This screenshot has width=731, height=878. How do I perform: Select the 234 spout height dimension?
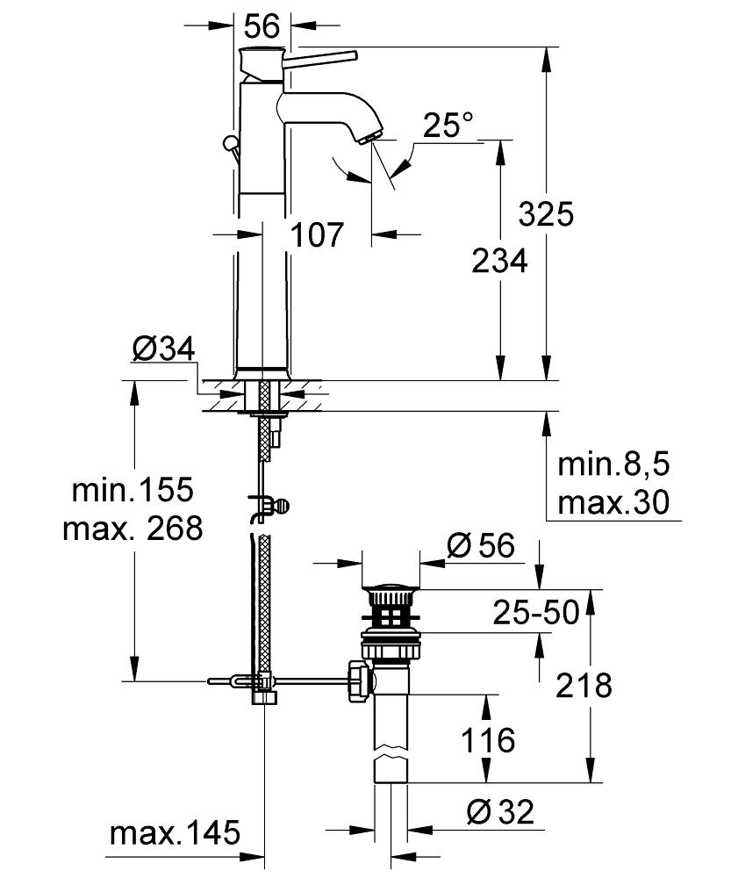[499, 261]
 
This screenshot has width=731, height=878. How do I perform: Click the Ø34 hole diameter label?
[162, 350]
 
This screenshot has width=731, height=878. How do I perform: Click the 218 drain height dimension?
[584, 684]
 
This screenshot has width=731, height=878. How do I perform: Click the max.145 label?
[175, 833]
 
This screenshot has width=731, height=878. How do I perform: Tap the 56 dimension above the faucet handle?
[262, 26]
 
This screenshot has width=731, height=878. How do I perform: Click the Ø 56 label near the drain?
[481, 547]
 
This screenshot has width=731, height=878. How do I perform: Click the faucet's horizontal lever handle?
[320, 57]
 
